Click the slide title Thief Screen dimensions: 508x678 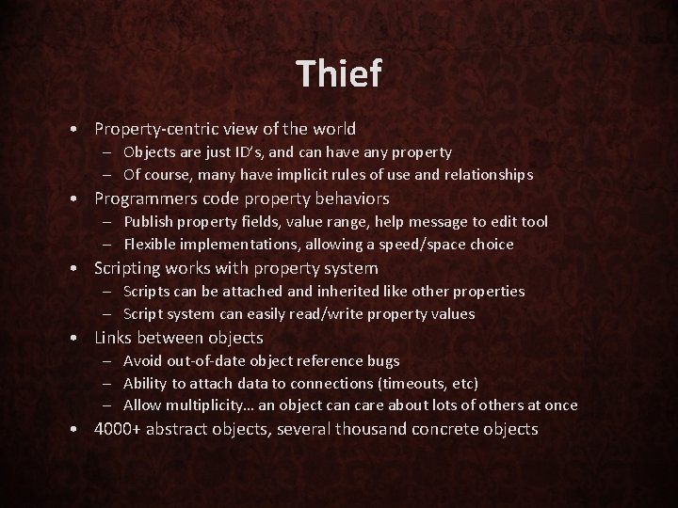point(338,74)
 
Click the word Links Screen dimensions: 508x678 point(114,337)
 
